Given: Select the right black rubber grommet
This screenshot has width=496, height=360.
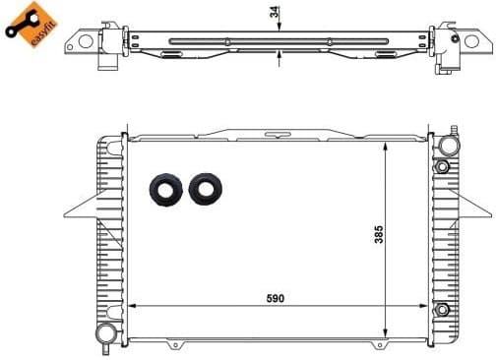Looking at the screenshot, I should point(205,189).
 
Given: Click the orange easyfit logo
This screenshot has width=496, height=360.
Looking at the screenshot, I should point(26,24).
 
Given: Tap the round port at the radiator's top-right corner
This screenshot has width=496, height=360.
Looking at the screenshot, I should point(450,145).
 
